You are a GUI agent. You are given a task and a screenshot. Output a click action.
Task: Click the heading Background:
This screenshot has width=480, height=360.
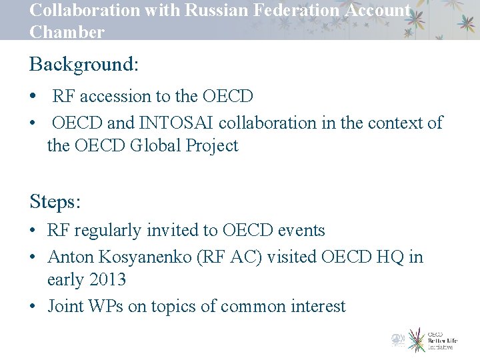pos(84,65)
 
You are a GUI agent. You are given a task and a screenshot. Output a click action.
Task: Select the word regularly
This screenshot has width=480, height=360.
pos(110,231)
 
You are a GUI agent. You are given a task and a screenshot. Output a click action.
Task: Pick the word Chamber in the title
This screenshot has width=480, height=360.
pos(67,32)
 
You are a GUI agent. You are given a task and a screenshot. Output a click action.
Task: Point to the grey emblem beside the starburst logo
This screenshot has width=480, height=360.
pos(398,339)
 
